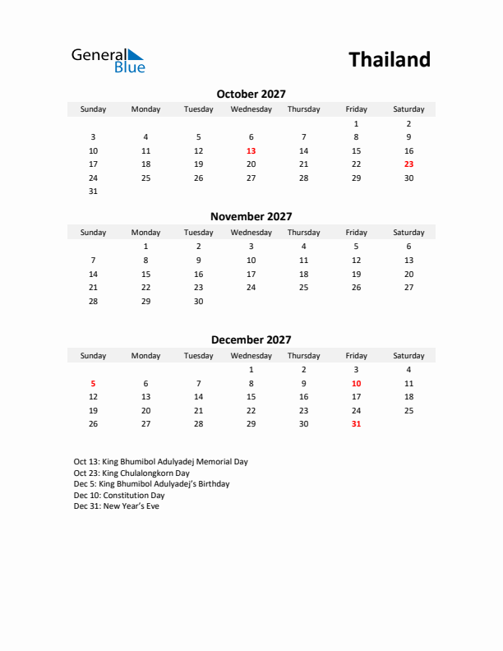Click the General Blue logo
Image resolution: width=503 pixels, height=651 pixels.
click(x=108, y=60)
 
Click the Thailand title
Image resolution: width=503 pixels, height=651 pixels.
click(x=389, y=60)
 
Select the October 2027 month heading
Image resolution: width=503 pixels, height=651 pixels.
click(x=251, y=95)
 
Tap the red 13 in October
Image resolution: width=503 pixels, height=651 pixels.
click(x=251, y=151)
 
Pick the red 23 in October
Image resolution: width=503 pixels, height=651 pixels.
click(x=408, y=164)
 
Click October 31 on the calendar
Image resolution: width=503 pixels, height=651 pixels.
click(x=93, y=192)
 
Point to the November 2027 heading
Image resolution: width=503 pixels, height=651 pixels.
click(x=251, y=217)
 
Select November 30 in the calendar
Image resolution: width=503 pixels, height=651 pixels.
click(x=198, y=301)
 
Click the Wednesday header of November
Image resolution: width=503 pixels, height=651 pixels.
click(x=251, y=233)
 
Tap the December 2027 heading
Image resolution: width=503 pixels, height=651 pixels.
click(x=251, y=339)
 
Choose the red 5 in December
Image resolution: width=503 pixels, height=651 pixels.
click(x=93, y=383)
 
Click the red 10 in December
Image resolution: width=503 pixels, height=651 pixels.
click(x=356, y=383)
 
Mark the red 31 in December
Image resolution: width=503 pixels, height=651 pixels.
click(x=356, y=424)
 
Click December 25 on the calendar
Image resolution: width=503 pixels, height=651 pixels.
click(x=408, y=410)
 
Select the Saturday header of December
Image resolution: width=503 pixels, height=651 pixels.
click(x=408, y=356)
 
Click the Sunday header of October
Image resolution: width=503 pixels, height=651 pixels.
click(x=93, y=109)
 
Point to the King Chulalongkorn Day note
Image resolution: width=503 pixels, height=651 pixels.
click(x=132, y=473)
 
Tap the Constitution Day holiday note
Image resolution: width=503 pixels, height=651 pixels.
click(x=119, y=496)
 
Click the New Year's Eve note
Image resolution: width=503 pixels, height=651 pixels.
click(x=116, y=506)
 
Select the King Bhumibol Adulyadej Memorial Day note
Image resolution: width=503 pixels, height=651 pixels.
click(x=160, y=462)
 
